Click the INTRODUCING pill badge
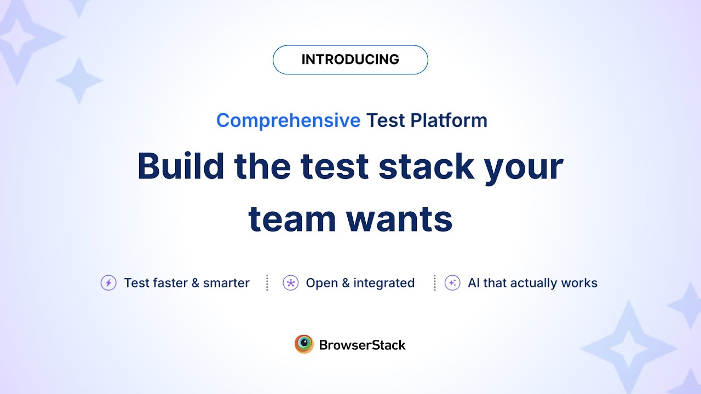coord(350,60)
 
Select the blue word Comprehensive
coord(288,120)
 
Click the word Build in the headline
coord(181,166)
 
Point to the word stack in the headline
coord(426,166)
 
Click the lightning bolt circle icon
coord(108,283)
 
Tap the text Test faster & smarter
coord(187,283)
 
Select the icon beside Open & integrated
coord(290,283)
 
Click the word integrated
coord(384,283)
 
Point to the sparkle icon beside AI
coord(452,283)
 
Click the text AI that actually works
coord(532,283)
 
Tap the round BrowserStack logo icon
coord(304,344)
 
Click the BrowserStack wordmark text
coord(362,345)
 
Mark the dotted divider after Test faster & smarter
coord(267,283)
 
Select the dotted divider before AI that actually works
coord(435,283)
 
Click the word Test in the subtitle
coord(386,120)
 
